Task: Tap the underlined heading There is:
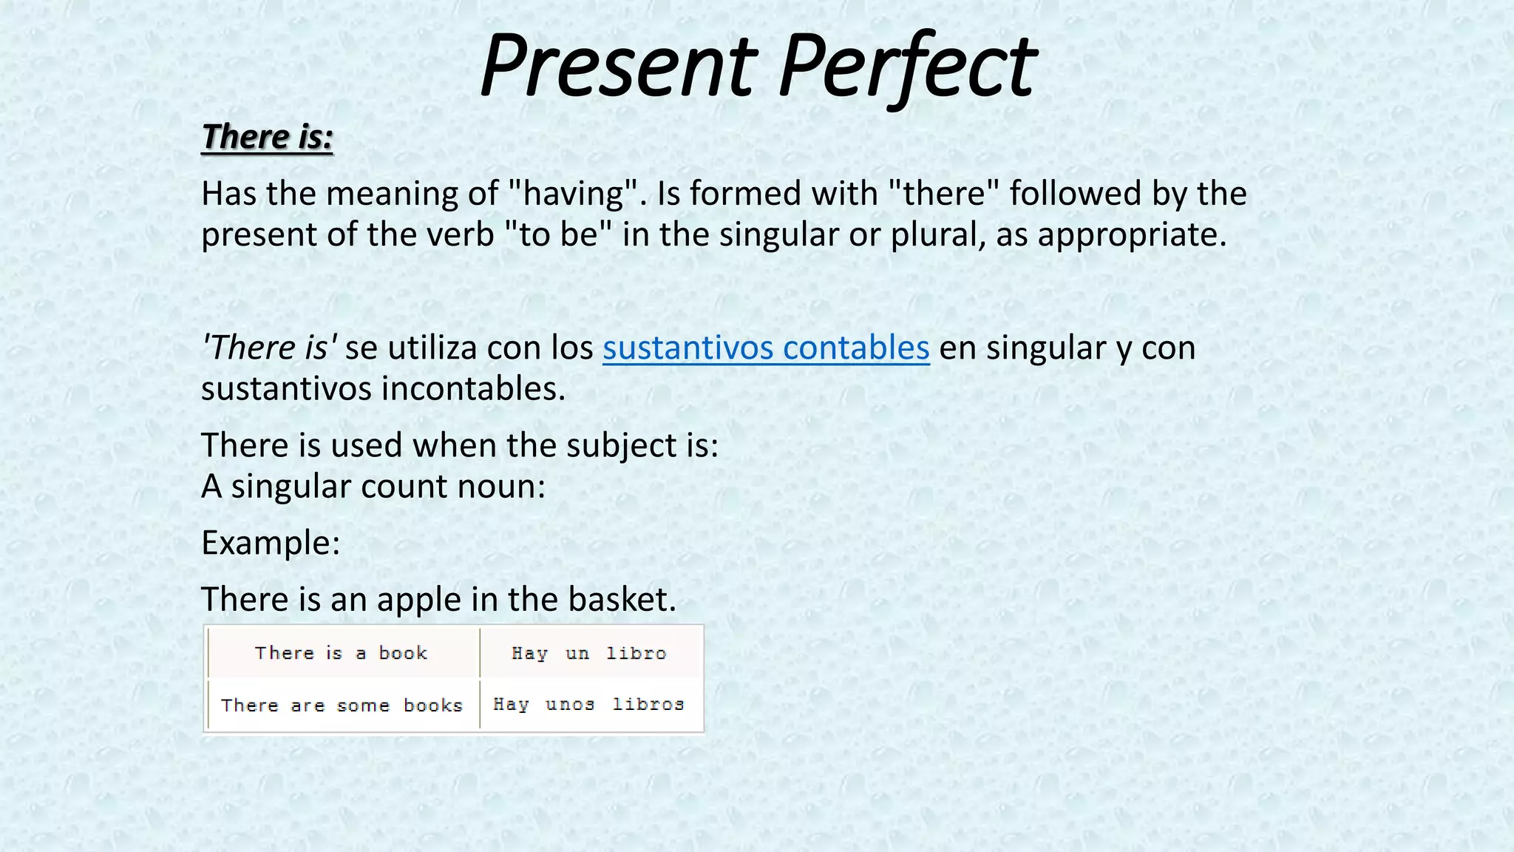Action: point(267,137)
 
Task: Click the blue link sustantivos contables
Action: point(766,348)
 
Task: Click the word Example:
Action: point(271,543)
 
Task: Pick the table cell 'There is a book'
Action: point(342,653)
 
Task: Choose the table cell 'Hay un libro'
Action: point(589,653)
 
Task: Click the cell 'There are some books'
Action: point(342,705)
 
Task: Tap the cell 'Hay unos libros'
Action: point(589,704)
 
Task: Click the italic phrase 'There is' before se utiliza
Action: point(269,348)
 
